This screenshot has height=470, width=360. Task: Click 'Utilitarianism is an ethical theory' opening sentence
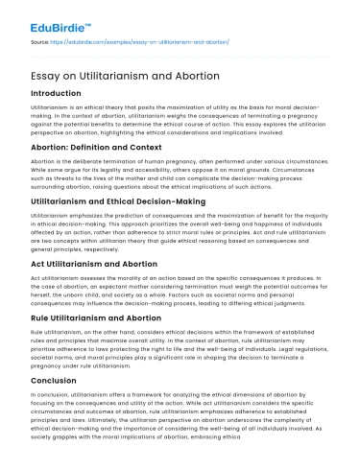(x=72, y=110)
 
